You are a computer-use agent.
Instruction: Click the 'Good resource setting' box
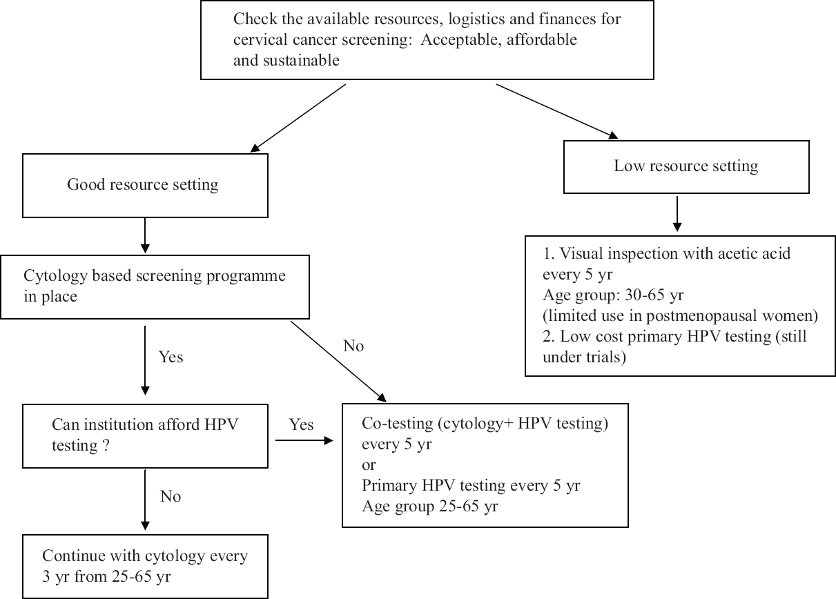click(145, 186)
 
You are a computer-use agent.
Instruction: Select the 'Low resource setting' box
click(686, 167)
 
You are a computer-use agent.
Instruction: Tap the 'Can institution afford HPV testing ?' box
click(145, 435)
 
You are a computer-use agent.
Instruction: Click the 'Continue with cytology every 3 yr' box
click(145, 567)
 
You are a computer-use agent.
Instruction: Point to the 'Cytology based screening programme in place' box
click(155, 287)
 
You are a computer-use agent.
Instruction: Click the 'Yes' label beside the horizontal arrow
click(301, 424)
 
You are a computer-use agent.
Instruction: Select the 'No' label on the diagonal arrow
click(353, 346)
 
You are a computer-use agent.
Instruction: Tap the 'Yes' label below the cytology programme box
click(171, 357)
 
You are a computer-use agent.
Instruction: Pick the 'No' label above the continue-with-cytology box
click(171, 496)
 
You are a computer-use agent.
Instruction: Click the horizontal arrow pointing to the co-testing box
click(304, 440)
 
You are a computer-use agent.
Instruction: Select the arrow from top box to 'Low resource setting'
click(557, 112)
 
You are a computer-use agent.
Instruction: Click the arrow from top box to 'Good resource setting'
click(298, 118)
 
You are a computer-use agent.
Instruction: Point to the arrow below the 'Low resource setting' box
click(677, 214)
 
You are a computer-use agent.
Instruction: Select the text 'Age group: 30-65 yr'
click(613, 295)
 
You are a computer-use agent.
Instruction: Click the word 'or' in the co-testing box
click(369, 465)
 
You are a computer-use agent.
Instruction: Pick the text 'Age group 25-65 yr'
click(429, 507)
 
